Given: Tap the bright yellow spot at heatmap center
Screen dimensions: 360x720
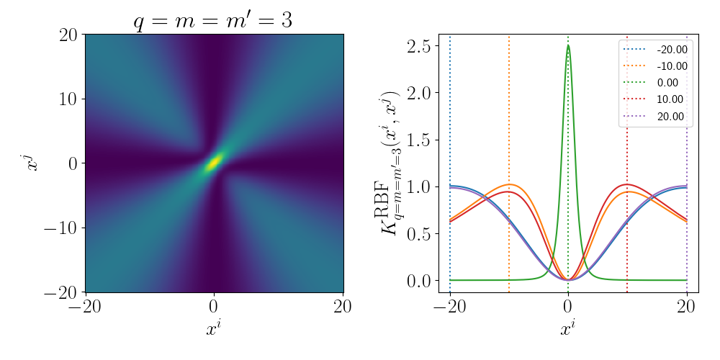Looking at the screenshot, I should click(214, 162).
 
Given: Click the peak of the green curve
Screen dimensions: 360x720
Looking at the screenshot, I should click(568, 45).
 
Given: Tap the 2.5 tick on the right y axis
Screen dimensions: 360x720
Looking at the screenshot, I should click(418, 45).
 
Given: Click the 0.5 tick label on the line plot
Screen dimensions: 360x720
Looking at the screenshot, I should click(418, 233).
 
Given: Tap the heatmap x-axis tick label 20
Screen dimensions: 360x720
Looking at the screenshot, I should click(343, 305).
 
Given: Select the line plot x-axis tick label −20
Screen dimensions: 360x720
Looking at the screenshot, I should click(450, 305).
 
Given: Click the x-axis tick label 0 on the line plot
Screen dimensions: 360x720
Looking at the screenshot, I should click(568, 305).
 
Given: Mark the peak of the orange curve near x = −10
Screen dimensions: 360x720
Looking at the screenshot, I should click(508, 184).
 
